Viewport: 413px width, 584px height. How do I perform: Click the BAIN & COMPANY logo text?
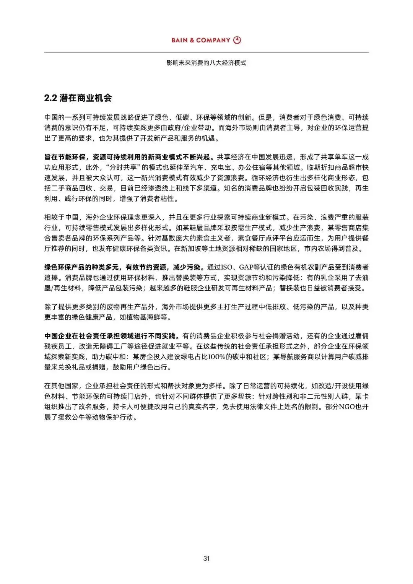(201, 40)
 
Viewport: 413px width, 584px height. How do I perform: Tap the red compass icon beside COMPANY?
(237, 40)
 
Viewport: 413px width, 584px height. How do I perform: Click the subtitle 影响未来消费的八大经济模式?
(206, 63)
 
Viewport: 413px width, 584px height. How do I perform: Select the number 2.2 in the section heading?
(50, 98)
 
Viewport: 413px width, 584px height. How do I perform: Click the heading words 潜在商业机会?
(86, 98)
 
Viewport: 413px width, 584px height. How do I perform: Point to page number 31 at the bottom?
(206, 558)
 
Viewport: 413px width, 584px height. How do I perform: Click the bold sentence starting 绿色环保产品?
(124, 267)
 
